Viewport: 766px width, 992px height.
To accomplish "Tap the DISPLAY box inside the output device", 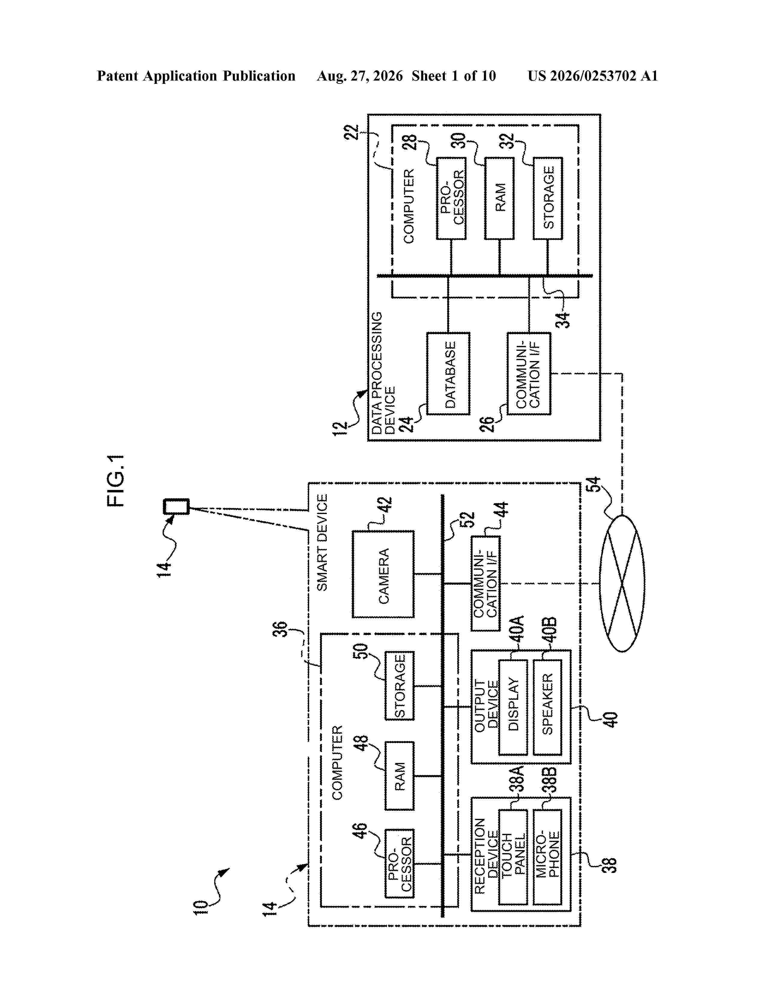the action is (x=513, y=707).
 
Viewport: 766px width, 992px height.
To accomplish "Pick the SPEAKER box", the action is (x=547, y=707).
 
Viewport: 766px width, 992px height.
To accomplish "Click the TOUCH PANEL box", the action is (x=513, y=857).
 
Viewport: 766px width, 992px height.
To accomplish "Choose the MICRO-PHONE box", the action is (x=547, y=857).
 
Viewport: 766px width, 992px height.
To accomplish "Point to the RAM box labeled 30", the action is (x=499, y=198).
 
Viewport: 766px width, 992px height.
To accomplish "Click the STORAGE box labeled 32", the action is (x=548, y=198).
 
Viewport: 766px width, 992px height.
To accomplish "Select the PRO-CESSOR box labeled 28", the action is (x=451, y=198).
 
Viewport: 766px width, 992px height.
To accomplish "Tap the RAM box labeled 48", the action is (x=399, y=776).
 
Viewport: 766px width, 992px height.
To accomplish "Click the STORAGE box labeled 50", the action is (x=399, y=686).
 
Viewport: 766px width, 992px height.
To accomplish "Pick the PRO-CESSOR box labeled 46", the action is (x=399, y=863).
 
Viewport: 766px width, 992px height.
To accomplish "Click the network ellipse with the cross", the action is (x=622, y=583).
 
